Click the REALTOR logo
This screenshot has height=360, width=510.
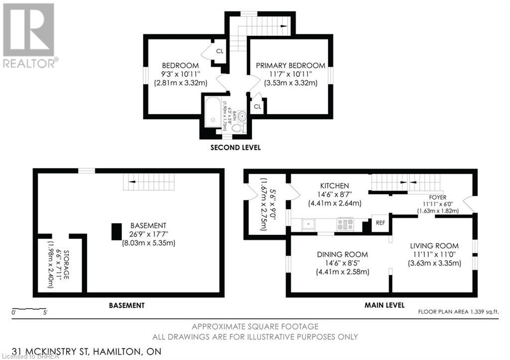[x=29, y=35]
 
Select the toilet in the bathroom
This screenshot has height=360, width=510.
[x=238, y=127]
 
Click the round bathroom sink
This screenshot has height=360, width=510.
[x=242, y=116]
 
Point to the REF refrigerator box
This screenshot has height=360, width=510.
[x=381, y=223]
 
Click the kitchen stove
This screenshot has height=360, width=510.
[x=345, y=225]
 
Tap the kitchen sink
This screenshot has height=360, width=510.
[x=309, y=225]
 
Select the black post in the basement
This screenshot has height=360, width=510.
[x=116, y=232]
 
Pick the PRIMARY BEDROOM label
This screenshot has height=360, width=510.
[x=290, y=66]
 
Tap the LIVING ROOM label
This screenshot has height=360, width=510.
[x=434, y=246]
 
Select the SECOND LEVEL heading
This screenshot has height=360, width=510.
[x=235, y=148]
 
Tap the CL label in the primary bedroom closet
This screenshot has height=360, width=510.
[x=257, y=107]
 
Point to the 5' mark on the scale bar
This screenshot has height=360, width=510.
[x=45, y=312]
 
